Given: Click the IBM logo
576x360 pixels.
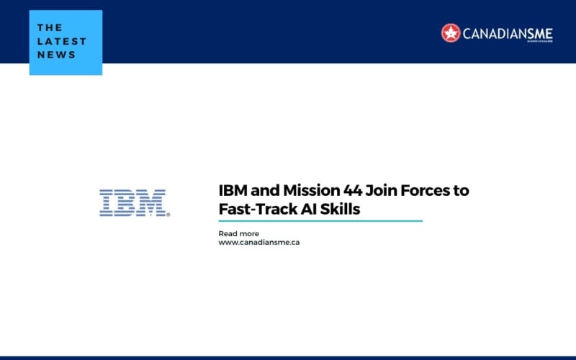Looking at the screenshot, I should pos(133,203).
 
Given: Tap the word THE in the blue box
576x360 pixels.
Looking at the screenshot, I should pos(50,28).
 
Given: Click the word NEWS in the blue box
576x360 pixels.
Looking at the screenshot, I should pos(55,55).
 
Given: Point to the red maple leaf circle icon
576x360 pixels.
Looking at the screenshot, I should pos(451,32).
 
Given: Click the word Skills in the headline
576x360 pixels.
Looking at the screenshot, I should pos(338,209).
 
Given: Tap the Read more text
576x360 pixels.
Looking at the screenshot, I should pos(238,233).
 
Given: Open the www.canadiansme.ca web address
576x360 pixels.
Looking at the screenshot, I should pos(258,243).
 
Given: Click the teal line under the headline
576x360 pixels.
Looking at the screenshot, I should pos(320,221).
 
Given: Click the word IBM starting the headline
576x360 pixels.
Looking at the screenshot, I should pos(232,191).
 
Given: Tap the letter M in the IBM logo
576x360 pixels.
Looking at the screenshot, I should pos(152,203).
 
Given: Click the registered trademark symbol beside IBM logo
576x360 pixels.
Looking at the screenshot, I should pos(168,215).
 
